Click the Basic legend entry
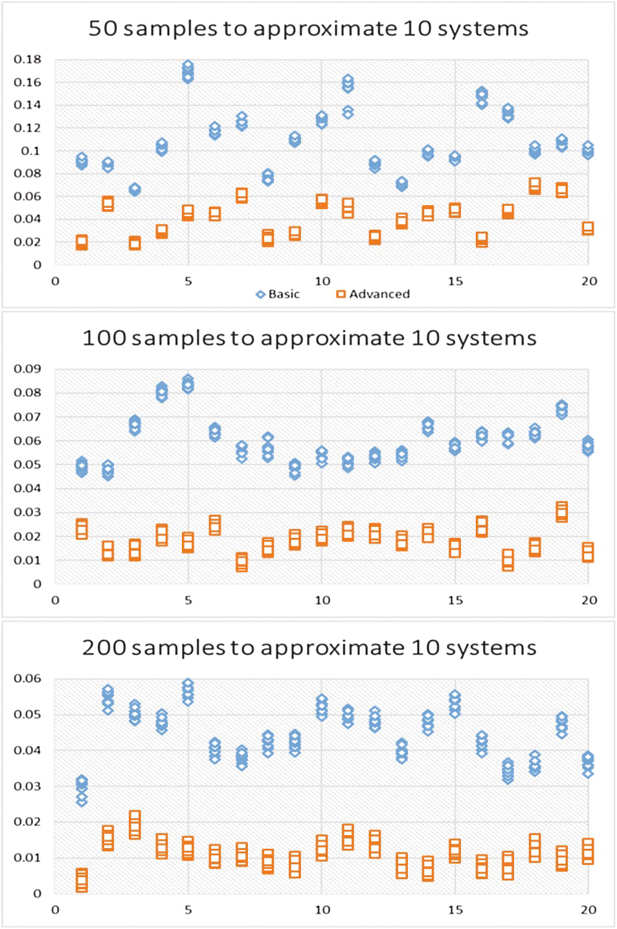278,294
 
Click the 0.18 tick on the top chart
27,60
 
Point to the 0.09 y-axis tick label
27,369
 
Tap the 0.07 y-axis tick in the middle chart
27,417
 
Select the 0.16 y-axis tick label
27,82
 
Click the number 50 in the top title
103,28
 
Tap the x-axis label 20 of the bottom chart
589,910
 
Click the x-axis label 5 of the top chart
188,281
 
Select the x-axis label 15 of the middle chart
455,600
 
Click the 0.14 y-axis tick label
27,105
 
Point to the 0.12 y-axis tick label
27,128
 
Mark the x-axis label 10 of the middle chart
322,600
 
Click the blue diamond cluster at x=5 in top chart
188,72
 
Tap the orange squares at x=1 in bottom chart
82,880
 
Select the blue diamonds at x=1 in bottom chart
82,790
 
